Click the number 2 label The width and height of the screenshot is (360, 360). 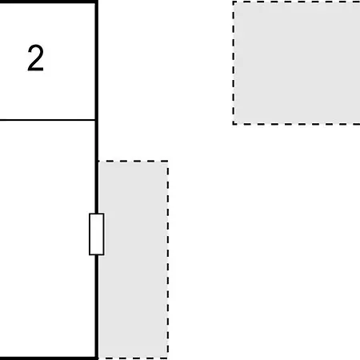tap(35, 58)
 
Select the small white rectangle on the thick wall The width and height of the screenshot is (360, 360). tap(97, 234)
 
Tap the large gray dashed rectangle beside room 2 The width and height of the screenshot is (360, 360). tap(297, 62)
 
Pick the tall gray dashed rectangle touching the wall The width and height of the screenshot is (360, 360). tap(133, 259)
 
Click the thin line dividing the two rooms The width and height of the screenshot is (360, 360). tap(47, 120)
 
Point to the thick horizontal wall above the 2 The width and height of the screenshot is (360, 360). tap(48, 2)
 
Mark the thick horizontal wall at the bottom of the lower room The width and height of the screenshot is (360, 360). tap(48, 358)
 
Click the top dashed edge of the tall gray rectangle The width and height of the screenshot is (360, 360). tap(133, 161)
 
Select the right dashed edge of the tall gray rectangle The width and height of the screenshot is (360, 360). tap(168, 259)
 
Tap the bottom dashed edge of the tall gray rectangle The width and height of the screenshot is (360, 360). tap(133, 358)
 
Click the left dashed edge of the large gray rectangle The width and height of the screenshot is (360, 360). tap(234, 62)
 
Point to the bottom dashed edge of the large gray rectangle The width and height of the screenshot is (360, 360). tap(297, 124)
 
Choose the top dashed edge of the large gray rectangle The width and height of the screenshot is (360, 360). tap(297, 2)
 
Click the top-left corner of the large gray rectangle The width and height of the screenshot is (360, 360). tap(234, 2)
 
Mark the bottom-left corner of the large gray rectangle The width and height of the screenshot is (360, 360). tap(234, 124)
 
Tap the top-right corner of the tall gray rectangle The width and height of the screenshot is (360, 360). tap(168, 161)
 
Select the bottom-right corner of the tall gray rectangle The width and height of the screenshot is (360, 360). tap(168, 358)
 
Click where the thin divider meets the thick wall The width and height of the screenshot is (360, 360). tap(96, 120)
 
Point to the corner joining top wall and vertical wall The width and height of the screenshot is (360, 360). tap(97, 2)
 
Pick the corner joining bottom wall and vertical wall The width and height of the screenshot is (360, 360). tap(97, 358)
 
